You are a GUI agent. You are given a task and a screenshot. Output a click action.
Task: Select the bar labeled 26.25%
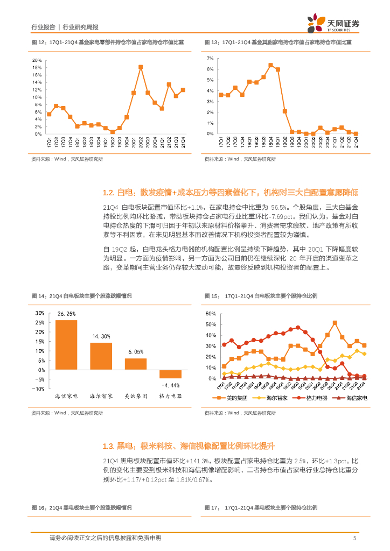66,345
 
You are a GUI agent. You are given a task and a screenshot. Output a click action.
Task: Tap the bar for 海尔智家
101,356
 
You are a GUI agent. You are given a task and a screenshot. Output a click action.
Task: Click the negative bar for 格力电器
170,374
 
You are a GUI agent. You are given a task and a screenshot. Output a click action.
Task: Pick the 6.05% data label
135,352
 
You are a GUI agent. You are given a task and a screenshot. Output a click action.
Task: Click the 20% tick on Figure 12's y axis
37,60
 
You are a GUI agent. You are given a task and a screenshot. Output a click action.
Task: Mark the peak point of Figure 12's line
141,67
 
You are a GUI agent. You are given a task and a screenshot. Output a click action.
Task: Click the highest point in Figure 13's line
270,65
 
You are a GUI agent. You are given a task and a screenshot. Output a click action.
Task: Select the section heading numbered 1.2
231,193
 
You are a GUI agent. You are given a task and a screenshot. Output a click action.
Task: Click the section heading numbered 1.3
189,446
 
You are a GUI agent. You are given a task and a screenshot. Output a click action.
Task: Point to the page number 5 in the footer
354,538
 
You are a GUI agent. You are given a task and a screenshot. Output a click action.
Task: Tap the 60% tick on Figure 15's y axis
210,313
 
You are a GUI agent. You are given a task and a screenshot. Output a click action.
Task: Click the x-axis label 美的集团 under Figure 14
135,396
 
